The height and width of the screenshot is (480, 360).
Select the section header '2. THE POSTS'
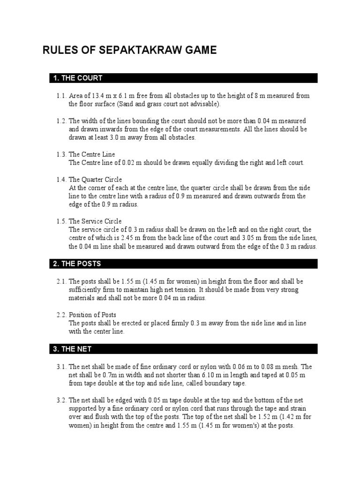click(x=77, y=264)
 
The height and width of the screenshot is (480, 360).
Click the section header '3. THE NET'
click(x=73, y=349)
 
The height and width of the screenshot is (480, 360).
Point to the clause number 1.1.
click(x=61, y=96)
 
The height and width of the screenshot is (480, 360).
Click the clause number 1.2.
click(x=61, y=121)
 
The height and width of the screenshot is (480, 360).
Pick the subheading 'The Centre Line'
click(x=92, y=155)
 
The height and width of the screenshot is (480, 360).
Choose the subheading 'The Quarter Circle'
click(x=95, y=180)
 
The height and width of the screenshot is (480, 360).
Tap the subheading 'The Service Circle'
click(x=95, y=221)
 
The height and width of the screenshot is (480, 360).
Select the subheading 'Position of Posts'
click(x=92, y=315)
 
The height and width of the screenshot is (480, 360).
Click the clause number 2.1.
click(x=61, y=282)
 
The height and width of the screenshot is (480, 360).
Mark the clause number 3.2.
click(x=61, y=401)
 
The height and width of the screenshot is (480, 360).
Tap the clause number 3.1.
click(x=61, y=367)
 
